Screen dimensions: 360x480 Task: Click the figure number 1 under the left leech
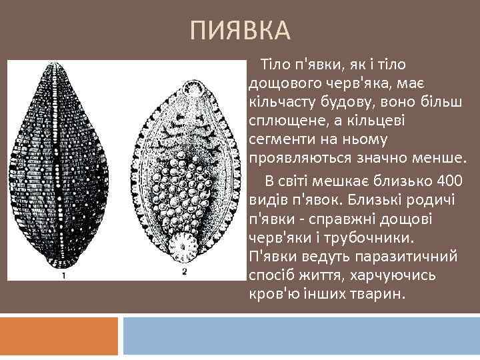pyautogui.click(x=63, y=275)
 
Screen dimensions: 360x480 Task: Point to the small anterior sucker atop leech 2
pyautogui.click(x=186, y=89)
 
